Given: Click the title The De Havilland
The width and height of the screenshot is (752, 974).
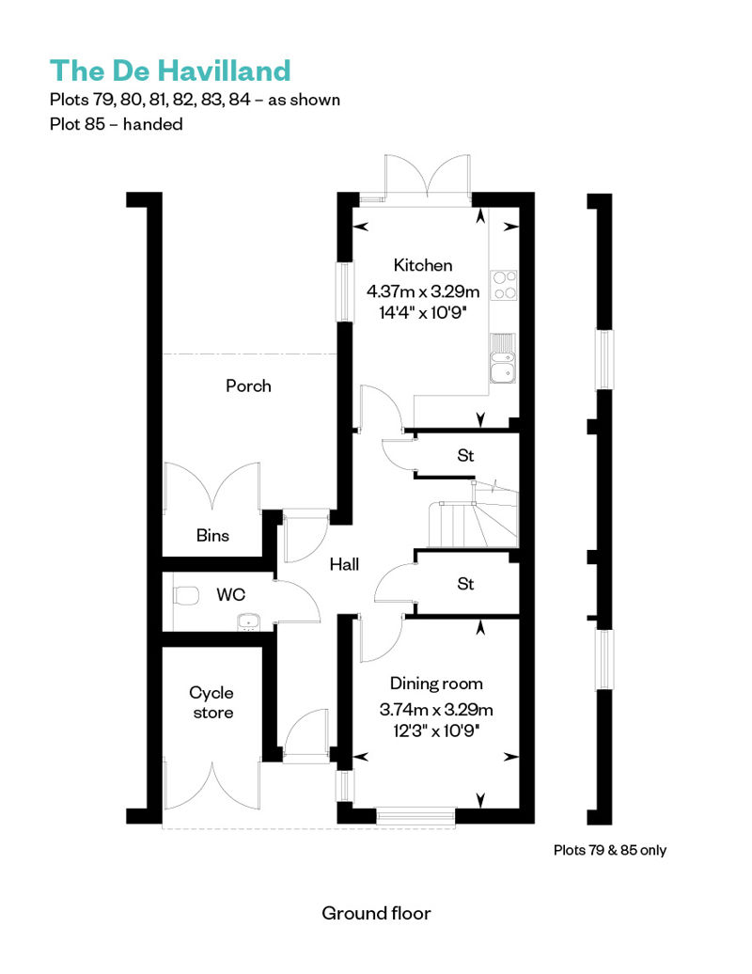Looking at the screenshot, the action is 170,71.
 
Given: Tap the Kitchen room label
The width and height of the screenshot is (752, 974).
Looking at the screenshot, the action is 423,265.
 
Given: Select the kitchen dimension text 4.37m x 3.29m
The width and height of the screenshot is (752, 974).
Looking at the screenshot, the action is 423,291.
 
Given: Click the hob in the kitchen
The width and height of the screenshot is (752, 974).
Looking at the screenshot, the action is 503,285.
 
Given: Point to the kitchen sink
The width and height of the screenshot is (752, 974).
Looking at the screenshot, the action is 502,358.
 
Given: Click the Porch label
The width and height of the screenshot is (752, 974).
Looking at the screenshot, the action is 248,385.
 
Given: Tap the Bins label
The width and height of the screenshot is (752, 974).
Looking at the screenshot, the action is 212,535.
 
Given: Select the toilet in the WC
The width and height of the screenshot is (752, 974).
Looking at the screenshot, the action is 186,596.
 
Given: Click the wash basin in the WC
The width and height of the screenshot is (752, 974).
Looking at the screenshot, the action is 249,621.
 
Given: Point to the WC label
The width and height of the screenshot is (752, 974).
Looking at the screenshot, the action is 231,594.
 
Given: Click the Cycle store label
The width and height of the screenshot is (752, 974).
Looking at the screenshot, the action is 211,702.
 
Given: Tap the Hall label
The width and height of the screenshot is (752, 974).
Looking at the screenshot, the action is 344,564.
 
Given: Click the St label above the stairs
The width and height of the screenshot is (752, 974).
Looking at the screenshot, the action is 465,455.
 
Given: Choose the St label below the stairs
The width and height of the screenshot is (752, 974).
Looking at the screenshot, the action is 465,583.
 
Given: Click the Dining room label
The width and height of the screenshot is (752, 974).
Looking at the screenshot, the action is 436,683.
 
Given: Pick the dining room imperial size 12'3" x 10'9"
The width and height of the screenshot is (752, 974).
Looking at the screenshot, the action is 436,730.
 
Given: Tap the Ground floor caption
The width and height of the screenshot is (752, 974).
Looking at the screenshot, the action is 376,913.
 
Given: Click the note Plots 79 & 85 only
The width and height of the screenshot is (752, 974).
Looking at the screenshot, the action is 610,850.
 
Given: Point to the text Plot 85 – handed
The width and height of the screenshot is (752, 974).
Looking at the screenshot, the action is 117,124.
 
